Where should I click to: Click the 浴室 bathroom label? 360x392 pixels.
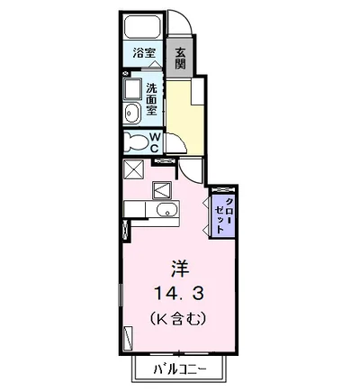point(142,53)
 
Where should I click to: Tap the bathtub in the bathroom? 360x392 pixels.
point(142,26)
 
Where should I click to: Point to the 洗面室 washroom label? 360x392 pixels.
point(152,99)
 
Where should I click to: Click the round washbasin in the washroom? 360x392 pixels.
point(132,112)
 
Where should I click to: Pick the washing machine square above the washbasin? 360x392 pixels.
point(132,90)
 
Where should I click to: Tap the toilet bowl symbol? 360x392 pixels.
point(136,141)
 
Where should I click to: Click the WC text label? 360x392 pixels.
point(154,141)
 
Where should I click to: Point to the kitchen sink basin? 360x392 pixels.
point(164,211)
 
